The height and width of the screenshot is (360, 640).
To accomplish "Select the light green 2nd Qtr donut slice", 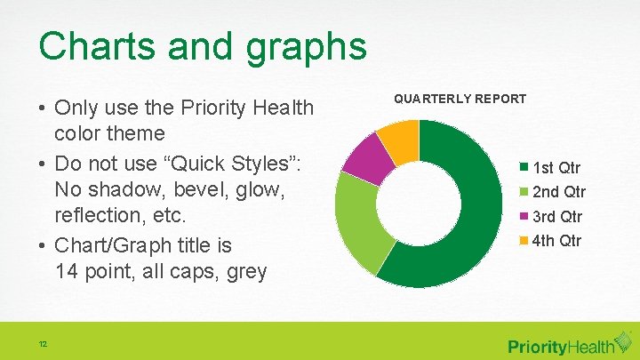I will [x=356, y=221].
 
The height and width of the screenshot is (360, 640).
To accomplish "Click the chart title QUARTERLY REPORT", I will [x=460, y=99].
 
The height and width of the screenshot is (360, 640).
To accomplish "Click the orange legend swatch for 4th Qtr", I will [x=524, y=240].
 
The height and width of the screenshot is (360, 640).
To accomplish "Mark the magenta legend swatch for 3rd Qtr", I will [x=524, y=216].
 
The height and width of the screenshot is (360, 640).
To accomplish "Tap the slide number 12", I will [x=42, y=345].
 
